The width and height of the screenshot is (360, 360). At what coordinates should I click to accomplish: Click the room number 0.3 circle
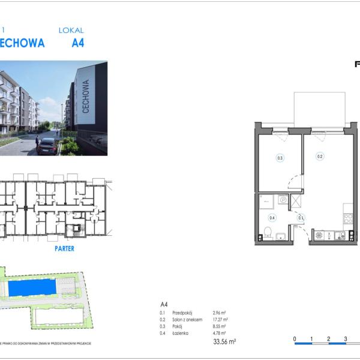point(280,158)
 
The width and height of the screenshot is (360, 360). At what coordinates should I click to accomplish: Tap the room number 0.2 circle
point(320,157)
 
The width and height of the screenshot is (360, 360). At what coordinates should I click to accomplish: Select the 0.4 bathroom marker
point(272,218)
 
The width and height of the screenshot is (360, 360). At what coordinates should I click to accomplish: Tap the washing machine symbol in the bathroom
point(283,200)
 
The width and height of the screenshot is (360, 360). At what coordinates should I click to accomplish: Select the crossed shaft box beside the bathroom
point(296,202)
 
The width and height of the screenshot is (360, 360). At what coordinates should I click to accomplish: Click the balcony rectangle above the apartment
point(319,109)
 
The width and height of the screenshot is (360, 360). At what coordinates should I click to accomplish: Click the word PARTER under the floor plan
point(64,248)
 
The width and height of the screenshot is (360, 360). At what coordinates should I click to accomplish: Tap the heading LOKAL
point(71,30)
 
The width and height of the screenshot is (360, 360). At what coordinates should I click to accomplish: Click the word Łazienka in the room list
point(181,334)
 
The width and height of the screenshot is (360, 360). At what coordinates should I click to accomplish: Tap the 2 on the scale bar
point(329,339)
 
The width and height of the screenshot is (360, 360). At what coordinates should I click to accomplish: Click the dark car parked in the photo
point(47,146)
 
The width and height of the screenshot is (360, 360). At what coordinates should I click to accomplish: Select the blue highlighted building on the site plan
point(34,288)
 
